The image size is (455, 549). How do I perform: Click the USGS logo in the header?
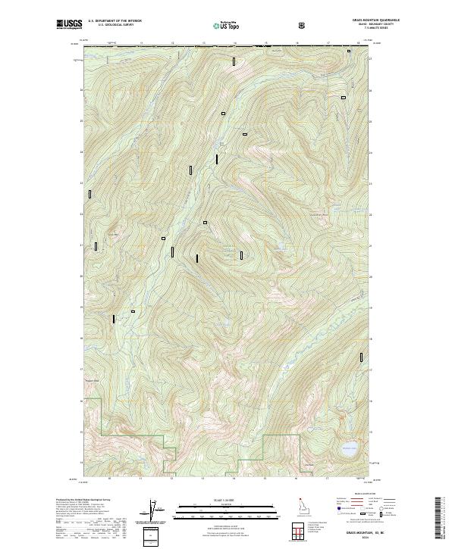point(67,25)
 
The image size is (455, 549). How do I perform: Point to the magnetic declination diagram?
point(151,511)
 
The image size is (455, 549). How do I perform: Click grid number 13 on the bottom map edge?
point(202,479)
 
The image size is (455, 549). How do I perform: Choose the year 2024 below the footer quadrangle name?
point(353,538)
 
